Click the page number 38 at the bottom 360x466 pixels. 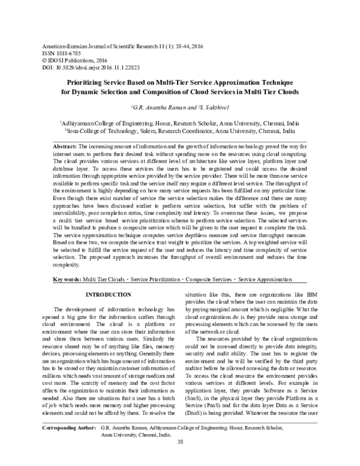pyautogui.click(x=180, y=459)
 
